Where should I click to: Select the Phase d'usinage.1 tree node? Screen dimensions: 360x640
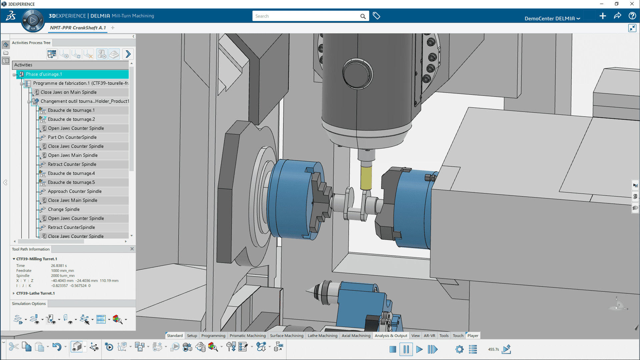click(x=44, y=74)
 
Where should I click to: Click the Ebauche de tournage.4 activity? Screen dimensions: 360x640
click(x=71, y=173)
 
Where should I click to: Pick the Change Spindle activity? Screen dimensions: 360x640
click(x=64, y=209)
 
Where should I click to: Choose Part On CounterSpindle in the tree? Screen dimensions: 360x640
click(x=72, y=137)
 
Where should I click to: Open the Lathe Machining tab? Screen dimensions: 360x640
click(x=322, y=336)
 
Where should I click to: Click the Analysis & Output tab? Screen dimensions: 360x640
click(x=391, y=336)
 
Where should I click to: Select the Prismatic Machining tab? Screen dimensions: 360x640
click(x=247, y=336)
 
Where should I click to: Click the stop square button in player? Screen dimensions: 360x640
click(x=393, y=349)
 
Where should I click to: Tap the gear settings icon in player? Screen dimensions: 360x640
click(x=459, y=349)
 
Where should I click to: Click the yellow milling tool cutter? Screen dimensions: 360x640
click(x=366, y=177)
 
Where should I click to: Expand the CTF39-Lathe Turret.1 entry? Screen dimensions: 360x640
click(x=14, y=293)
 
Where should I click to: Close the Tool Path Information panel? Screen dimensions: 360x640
click(x=132, y=249)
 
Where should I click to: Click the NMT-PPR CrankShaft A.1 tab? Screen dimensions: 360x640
click(x=78, y=28)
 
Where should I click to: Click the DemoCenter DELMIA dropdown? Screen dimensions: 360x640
click(x=552, y=18)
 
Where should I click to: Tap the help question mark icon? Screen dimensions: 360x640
click(x=632, y=16)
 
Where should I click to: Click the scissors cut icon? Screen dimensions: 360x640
click(x=14, y=347)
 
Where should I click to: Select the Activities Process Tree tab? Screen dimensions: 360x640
click(x=31, y=43)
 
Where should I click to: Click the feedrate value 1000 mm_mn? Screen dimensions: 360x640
click(x=62, y=271)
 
